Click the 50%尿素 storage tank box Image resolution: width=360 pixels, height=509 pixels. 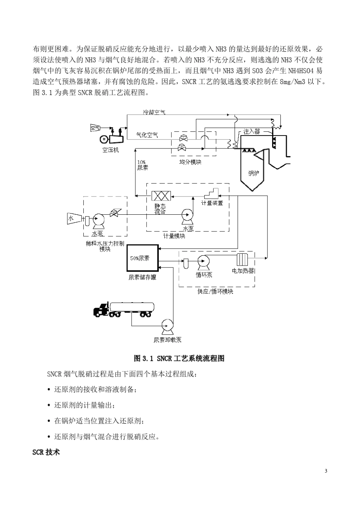[x=142, y=258]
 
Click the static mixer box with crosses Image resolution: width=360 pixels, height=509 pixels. [x=161, y=196]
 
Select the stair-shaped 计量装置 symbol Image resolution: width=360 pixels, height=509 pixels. [x=211, y=193]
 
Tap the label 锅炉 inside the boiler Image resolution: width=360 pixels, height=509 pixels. [x=254, y=173]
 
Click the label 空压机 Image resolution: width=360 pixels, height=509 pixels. [x=110, y=150]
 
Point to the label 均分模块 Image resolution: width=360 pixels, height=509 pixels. [x=190, y=162]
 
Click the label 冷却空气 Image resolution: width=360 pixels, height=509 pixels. [x=154, y=112]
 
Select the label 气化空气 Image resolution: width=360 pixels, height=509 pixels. [x=147, y=135]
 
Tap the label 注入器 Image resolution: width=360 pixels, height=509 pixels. [x=252, y=131]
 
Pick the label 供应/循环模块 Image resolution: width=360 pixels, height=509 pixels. [x=215, y=292]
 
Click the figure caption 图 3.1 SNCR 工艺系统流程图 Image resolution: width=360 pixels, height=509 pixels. [x=180, y=358]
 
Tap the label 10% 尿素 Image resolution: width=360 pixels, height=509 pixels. [x=142, y=165]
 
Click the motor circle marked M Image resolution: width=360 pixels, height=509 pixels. [x=103, y=139]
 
